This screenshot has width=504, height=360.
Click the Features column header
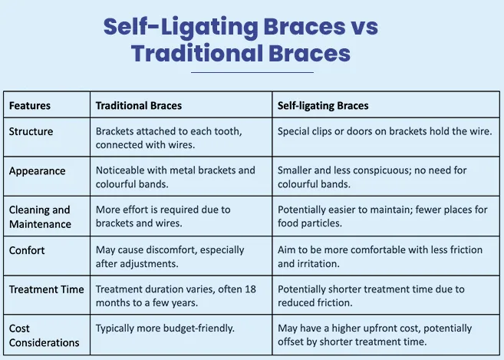[x=30, y=105]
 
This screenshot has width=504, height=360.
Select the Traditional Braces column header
[x=139, y=105]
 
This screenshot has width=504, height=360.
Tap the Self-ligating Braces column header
[x=323, y=105]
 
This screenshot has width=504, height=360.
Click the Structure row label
[x=31, y=131]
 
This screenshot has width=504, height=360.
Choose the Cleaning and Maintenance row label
[x=40, y=216]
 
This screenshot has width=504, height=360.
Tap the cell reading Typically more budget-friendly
[x=164, y=328]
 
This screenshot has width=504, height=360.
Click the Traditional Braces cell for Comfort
[x=170, y=256]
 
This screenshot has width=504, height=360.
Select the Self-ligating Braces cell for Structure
[x=384, y=131]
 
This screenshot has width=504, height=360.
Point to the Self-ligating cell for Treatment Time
[x=371, y=296]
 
